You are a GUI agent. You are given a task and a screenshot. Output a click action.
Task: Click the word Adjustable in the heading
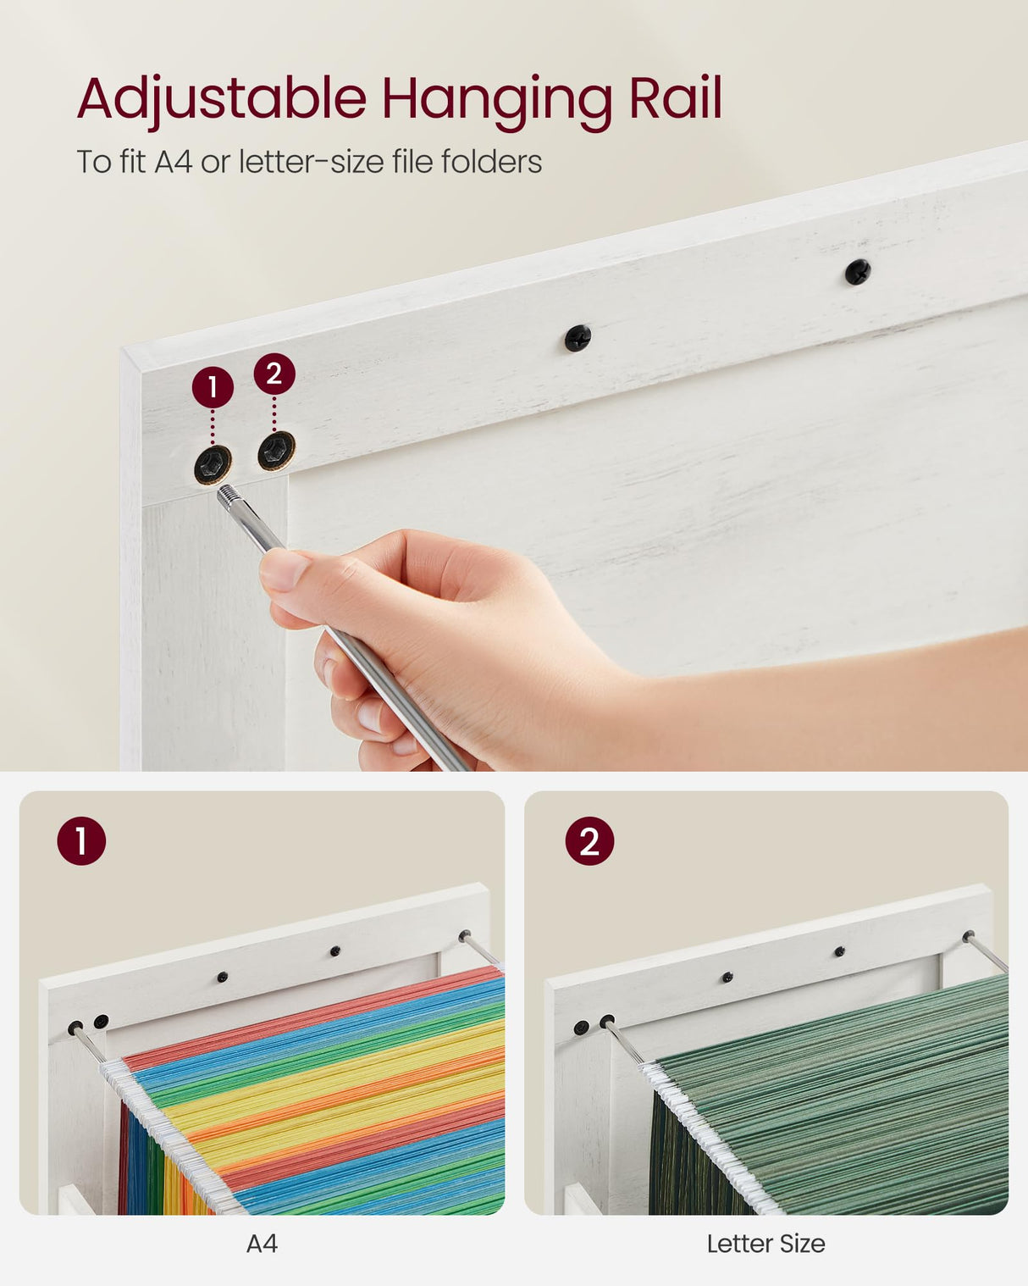[x=222, y=99]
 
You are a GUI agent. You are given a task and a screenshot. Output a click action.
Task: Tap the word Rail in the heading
[x=675, y=99]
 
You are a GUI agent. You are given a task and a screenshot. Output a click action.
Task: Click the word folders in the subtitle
[x=491, y=161]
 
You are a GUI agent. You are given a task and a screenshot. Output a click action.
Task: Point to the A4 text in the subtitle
[x=173, y=161]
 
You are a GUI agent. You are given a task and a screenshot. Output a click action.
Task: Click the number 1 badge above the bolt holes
[x=213, y=387]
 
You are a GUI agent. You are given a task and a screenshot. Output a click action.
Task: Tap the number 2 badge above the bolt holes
[x=274, y=374]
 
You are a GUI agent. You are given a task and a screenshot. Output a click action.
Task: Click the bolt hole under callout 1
[x=213, y=463]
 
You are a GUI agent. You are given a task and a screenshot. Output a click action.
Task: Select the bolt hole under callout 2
[x=276, y=450]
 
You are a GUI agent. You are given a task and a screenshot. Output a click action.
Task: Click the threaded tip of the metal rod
[x=228, y=496]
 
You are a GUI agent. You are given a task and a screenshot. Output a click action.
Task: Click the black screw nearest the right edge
[x=858, y=272]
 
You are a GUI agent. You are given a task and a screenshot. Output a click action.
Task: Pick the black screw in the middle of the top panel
[x=578, y=338]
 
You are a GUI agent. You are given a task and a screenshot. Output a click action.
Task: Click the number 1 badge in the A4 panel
[x=81, y=841]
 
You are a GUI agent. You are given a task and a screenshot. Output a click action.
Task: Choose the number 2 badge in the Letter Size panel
[x=589, y=841]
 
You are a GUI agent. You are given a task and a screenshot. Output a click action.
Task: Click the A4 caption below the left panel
[x=262, y=1244]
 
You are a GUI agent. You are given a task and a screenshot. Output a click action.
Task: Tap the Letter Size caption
[x=765, y=1244]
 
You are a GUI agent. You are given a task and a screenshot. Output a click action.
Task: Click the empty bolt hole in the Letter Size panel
[x=581, y=1028]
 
